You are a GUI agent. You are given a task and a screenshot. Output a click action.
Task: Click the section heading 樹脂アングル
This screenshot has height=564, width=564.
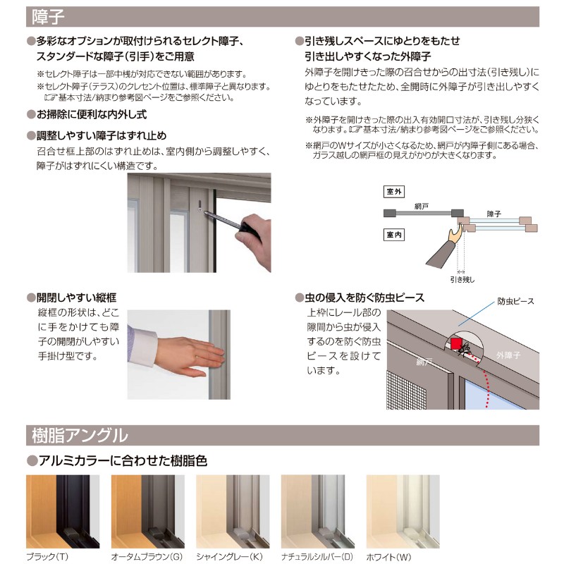[80, 435]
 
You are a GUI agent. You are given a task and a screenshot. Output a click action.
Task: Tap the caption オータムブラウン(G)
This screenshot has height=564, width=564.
[147, 556]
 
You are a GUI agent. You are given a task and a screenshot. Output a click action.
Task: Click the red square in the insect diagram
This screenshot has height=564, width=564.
[457, 345]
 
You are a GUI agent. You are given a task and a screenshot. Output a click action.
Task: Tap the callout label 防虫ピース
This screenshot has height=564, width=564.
[515, 301]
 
